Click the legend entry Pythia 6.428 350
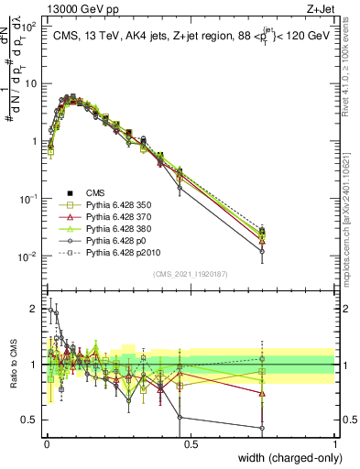tap(116, 205)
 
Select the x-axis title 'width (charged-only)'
tap(287, 458)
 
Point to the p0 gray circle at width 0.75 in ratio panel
tap(262, 428)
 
